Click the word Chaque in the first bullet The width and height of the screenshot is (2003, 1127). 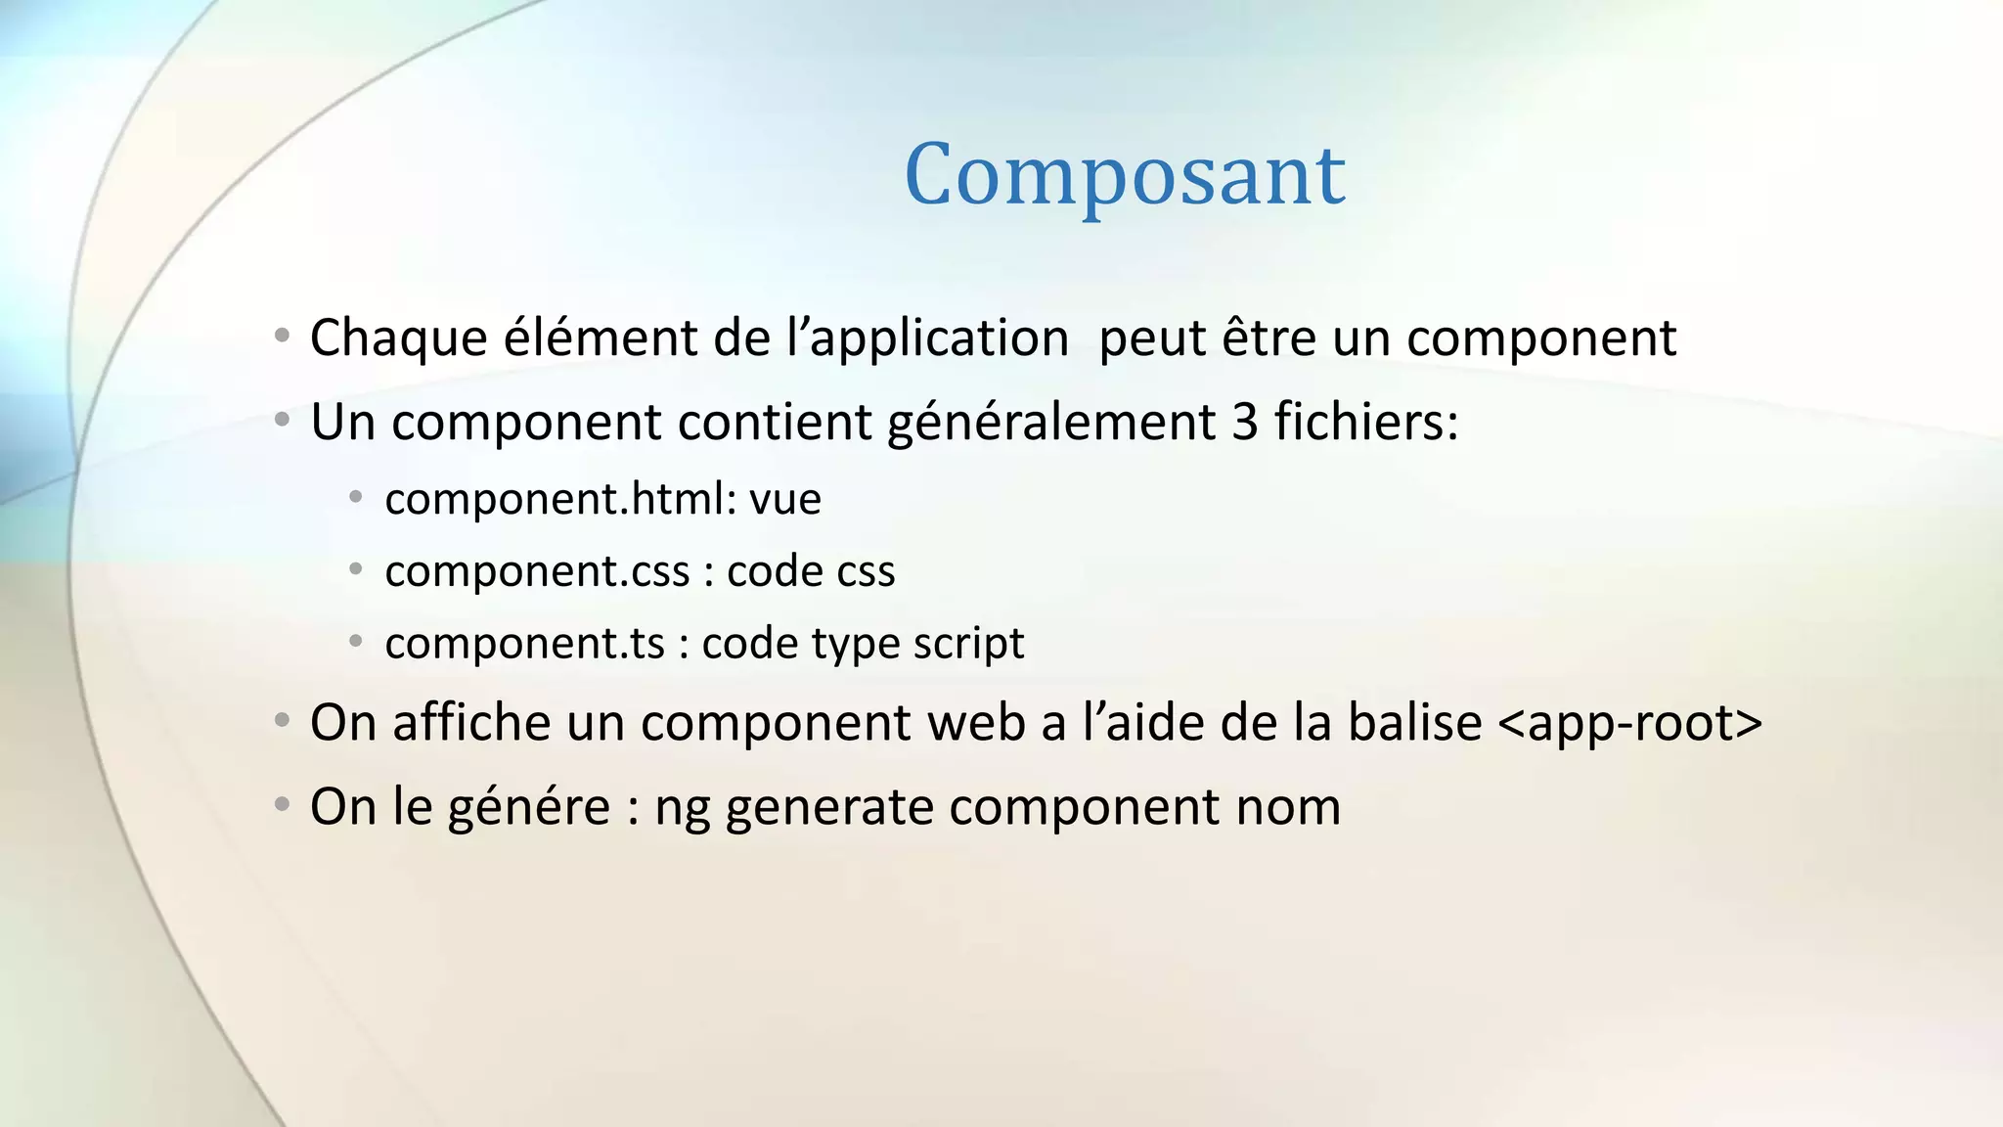coord(398,338)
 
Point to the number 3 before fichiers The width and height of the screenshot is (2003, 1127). coord(1244,423)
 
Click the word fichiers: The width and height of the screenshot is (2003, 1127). coord(1365,423)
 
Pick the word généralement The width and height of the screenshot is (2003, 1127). coord(1051,423)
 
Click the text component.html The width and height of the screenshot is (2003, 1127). coord(560,499)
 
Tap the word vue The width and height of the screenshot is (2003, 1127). coord(784,500)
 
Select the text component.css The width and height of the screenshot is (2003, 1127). coord(537,571)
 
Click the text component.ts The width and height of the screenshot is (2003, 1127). coord(524,644)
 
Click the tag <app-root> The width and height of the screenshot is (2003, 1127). coord(1629,724)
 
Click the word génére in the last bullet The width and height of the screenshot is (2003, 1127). coord(528,808)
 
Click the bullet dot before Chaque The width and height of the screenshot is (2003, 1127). coord(282,337)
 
